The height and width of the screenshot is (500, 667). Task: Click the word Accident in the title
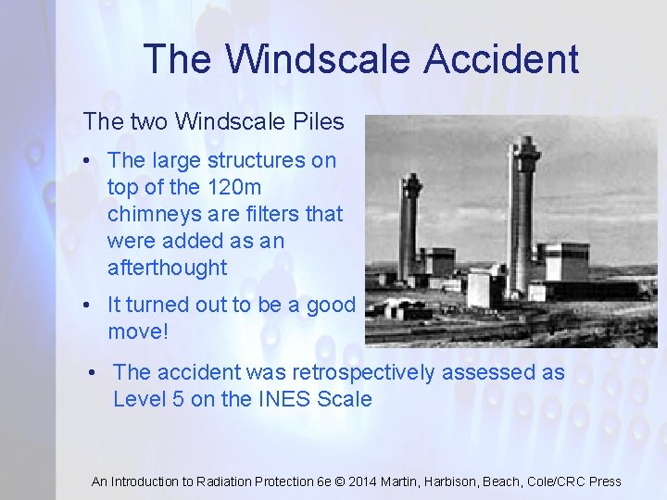coord(502,59)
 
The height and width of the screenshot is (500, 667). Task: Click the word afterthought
coord(167,268)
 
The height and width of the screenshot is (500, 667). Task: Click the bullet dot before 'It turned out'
coord(86,305)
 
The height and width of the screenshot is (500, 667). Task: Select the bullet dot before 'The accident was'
coord(94,372)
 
